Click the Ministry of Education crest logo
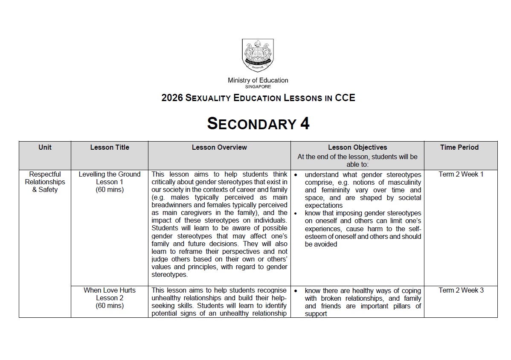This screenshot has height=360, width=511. [x=258, y=55]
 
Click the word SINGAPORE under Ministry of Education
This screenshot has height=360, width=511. [x=258, y=87]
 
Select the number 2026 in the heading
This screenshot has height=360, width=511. [x=172, y=98]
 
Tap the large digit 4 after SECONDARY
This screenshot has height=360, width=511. [x=305, y=124]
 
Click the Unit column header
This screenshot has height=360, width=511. [x=45, y=148]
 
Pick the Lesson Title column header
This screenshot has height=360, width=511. [x=110, y=148]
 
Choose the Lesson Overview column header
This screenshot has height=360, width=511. [x=219, y=148]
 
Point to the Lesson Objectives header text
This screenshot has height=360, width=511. [x=357, y=148]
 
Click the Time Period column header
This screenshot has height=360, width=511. [x=459, y=148]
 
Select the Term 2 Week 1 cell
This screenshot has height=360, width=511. [x=461, y=174]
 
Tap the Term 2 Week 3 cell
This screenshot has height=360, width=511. [x=461, y=290]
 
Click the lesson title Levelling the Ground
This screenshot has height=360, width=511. [x=110, y=174]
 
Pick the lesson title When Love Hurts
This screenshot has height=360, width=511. [x=110, y=290]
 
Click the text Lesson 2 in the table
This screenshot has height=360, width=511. [x=110, y=298]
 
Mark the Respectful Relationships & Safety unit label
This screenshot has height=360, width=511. [x=45, y=182]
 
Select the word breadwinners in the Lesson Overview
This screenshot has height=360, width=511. [x=171, y=205]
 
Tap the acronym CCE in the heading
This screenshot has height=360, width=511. [x=345, y=98]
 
